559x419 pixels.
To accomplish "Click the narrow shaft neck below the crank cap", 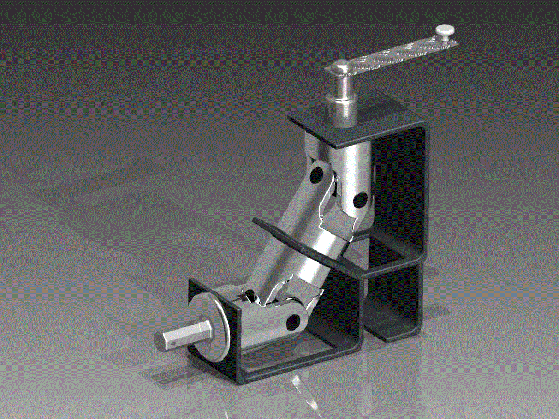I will point(343,85).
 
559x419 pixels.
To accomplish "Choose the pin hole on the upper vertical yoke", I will point(360,200).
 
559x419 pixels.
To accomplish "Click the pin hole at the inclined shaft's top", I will point(316,175).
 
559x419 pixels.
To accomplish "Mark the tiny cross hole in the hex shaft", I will point(173,343).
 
